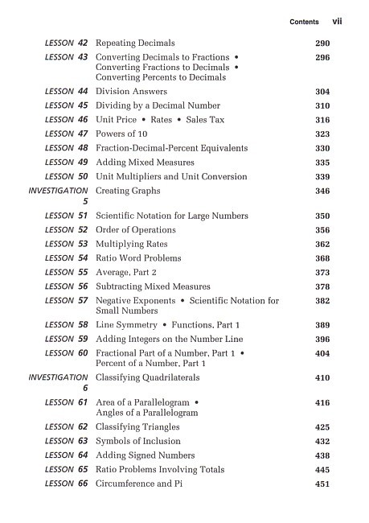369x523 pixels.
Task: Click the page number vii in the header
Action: click(x=337, y=22)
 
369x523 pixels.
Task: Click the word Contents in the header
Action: click(x=304, y=23)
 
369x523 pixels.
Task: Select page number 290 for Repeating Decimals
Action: click(x=322, y=43)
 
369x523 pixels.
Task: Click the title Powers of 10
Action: click(x=121, y=134)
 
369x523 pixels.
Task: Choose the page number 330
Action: click(x=322, y=149)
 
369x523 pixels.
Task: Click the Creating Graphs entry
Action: click(x=128, y=191)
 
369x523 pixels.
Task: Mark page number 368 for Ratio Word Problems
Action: click(x=322, y=259)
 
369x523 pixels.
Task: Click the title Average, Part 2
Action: click(x=129, y=273)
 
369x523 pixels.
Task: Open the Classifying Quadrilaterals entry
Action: click(x=147, y=377)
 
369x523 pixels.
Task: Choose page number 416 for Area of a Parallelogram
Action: click(x=322, y=402)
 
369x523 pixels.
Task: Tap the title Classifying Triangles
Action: click(x=137, y=427)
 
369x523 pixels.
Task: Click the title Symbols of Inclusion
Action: click(x=137, y=442)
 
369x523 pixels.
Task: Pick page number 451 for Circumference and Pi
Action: click(x=322, y=484)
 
